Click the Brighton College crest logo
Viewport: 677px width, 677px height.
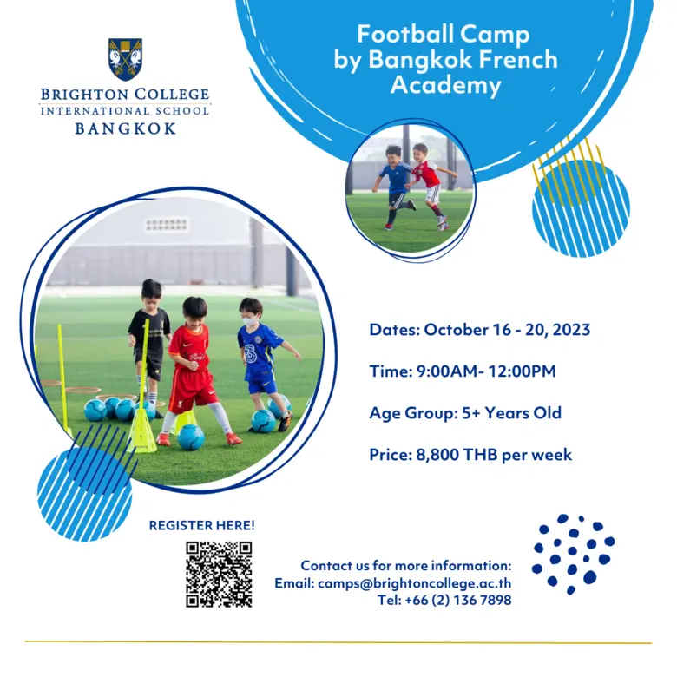click(126, 59)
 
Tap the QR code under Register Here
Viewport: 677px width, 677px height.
click(219, 574)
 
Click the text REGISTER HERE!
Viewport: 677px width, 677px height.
click(202, 525)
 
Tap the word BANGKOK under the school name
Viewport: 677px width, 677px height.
click(125, 128)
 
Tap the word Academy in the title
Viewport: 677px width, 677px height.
click(445, 85)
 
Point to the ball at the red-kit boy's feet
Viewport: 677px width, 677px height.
click(191, 437)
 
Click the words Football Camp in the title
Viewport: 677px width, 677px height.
click(444, 35)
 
